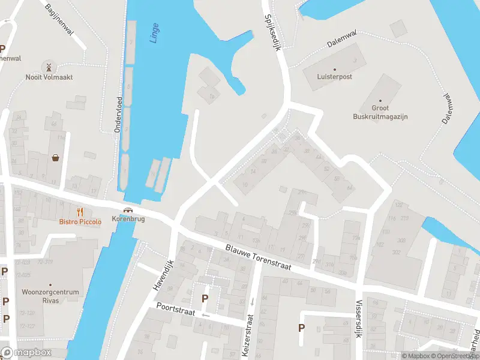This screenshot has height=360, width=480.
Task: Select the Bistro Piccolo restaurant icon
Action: [80, 211]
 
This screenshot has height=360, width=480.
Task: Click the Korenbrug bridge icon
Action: [128, 210]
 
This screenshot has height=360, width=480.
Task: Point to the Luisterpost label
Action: [335, 77]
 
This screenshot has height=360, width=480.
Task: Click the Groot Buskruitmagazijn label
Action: [380, 112]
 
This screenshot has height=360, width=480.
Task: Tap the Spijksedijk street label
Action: [272, 33]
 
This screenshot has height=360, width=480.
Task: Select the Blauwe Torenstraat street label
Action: [258, 257]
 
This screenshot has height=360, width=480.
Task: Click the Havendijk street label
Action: [162, 276]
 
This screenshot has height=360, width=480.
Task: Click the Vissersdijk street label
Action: [359, 319]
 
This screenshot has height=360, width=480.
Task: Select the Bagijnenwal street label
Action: [59, 20]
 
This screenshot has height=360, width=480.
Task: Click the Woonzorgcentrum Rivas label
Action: [50, 296]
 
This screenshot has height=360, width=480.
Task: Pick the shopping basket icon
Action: [56, 158]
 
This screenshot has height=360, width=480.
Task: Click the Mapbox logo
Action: [26, 353]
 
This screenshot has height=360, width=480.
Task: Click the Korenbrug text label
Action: [128, 219]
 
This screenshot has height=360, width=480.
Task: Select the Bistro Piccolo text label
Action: [80, 221]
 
